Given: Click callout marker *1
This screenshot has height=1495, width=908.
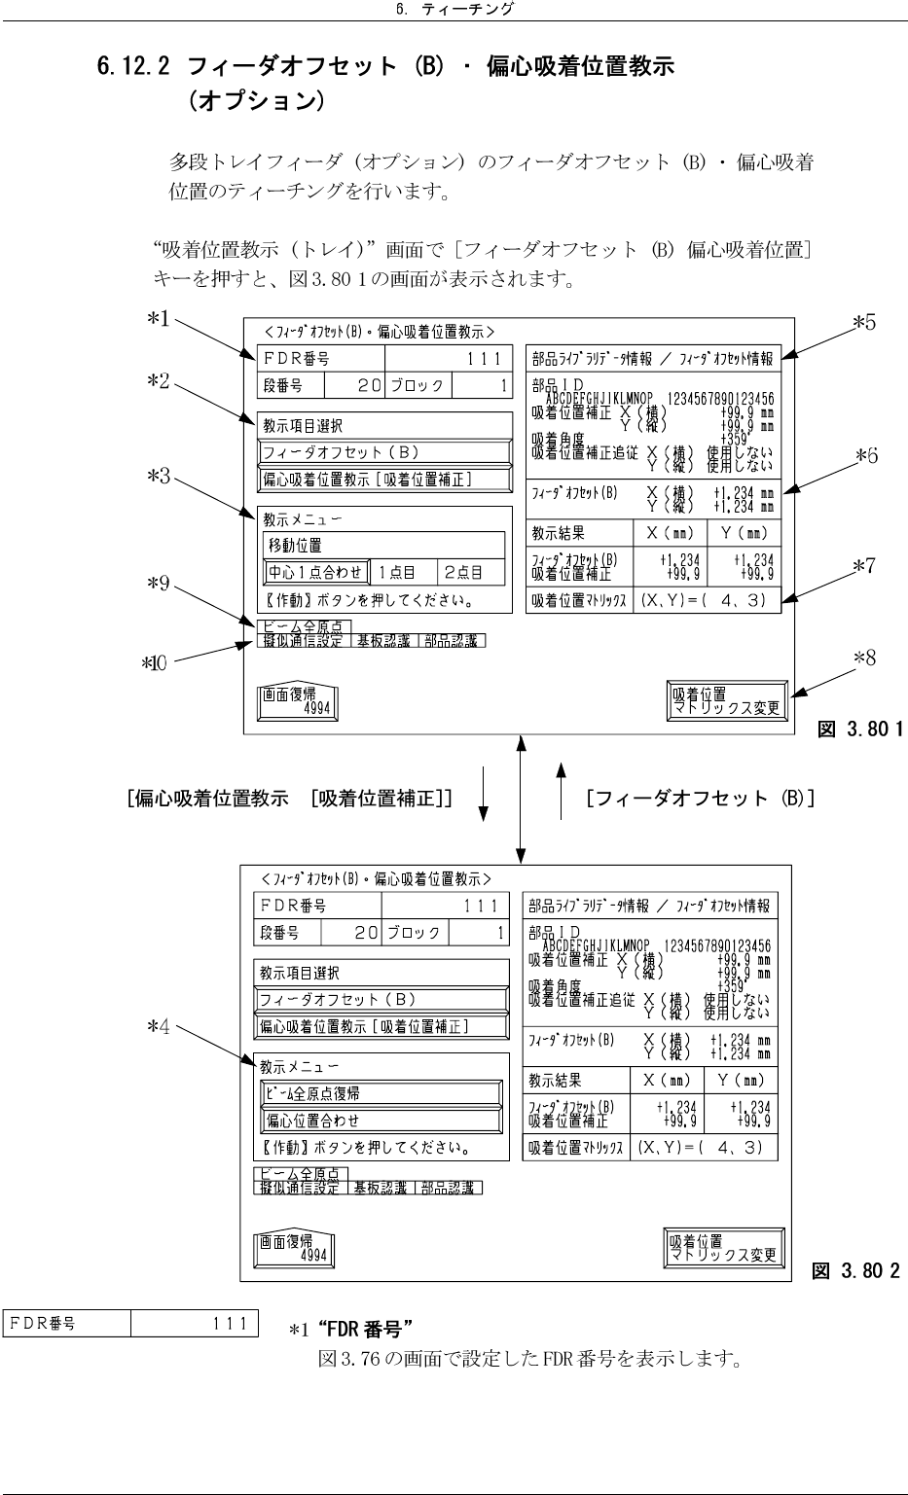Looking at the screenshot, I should click(x=158, y=320).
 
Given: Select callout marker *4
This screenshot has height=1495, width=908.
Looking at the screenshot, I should click(x=158, y=1029).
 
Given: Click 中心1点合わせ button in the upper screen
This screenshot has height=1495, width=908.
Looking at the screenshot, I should click(x=315, y=573).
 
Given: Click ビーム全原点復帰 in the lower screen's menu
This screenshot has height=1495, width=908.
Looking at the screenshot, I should click(x=381, y=1093).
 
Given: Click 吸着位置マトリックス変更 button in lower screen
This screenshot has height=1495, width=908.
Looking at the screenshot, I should click(x=724, y=1248).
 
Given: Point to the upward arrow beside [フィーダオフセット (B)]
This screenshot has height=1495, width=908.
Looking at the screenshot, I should click(x=560, y=790).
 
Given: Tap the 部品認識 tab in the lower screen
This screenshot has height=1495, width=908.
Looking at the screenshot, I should click(x=449, y=1188).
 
